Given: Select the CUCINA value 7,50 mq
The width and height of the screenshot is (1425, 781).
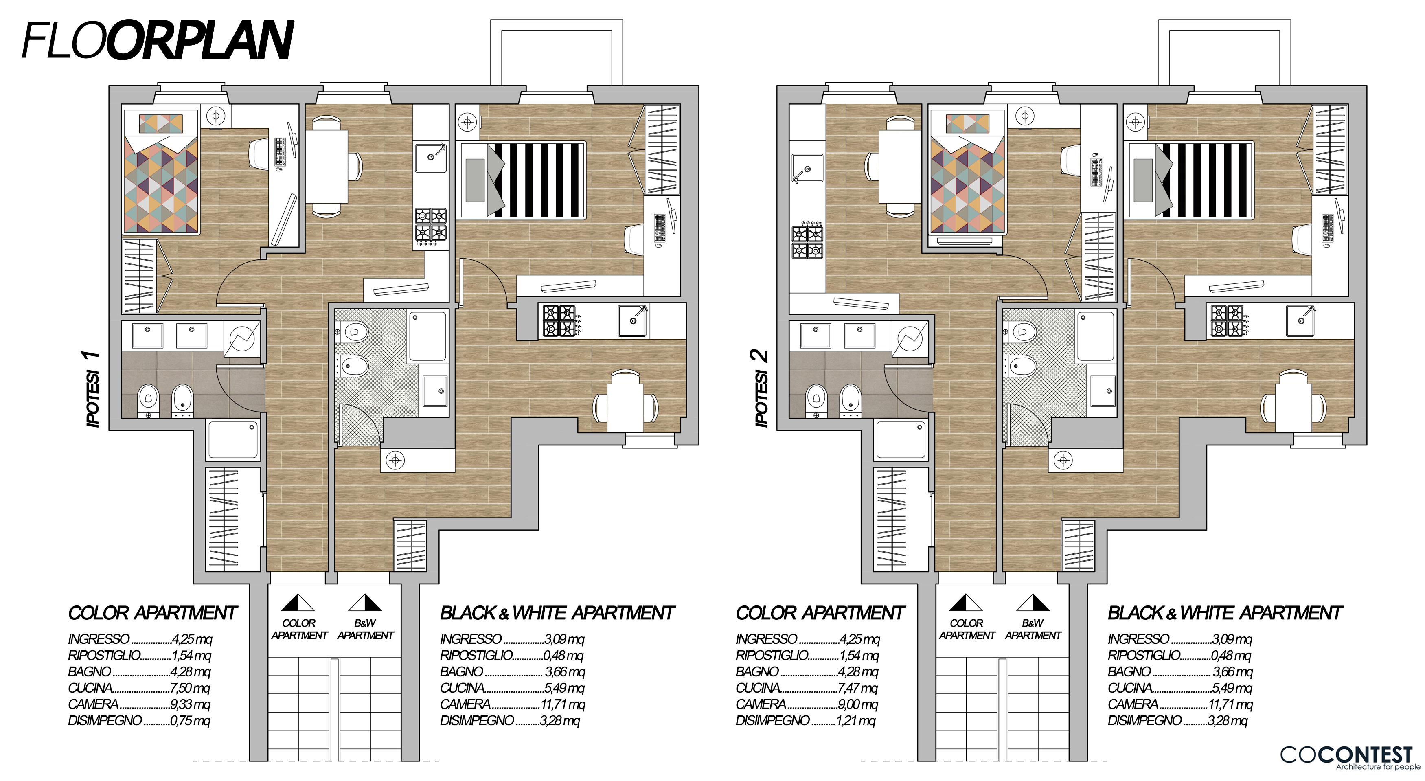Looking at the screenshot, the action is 190,688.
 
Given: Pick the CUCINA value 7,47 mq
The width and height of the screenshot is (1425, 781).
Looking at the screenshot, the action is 858,688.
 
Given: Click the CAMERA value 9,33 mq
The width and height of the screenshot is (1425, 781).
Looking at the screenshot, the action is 190,704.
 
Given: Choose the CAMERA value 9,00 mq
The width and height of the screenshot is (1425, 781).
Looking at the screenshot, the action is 858,704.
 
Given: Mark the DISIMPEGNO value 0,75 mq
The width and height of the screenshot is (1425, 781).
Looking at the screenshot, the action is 190,721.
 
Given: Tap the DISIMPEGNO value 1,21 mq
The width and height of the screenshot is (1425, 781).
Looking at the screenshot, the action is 856,721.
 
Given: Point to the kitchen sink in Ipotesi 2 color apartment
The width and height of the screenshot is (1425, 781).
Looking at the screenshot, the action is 807,169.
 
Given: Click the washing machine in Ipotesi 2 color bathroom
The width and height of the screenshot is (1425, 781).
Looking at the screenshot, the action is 910,340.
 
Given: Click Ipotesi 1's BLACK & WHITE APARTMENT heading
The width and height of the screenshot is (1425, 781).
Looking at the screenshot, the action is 557,613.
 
